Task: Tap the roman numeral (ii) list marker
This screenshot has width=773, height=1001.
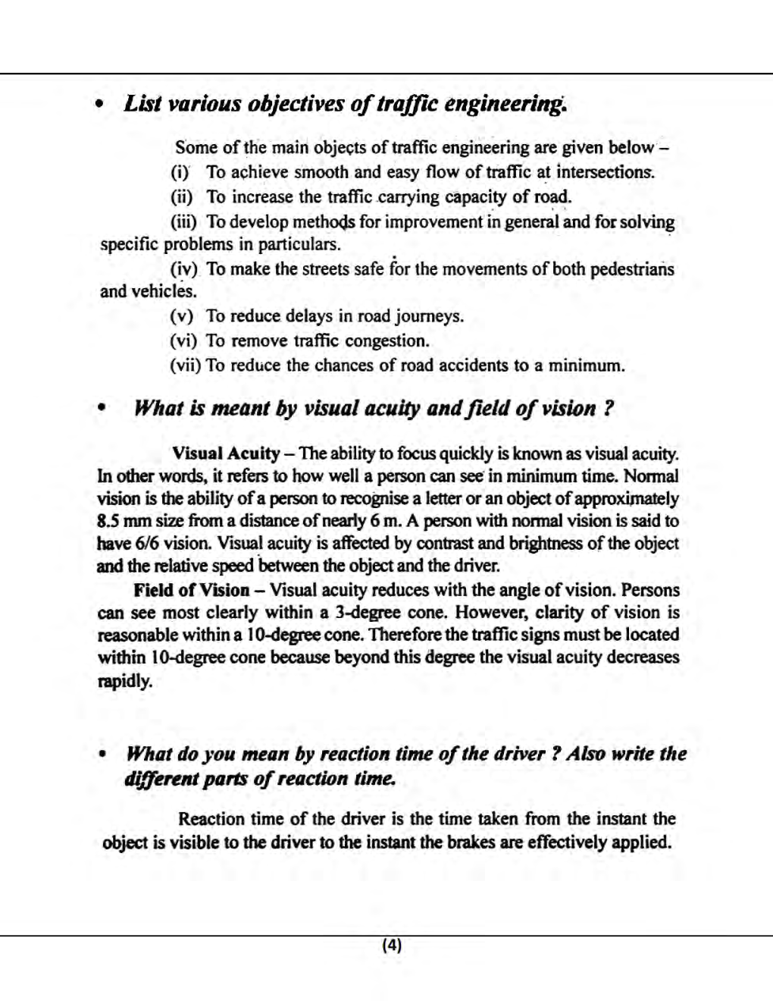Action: (182, 197)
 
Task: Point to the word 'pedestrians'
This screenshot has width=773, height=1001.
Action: (632, 269)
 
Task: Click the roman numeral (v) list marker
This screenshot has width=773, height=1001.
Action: (182, 316)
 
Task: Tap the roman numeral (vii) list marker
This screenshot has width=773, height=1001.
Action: (185, 366)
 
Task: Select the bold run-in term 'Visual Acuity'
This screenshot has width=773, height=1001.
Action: (226, 453)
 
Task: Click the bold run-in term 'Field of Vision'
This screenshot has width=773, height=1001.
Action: (191, 590)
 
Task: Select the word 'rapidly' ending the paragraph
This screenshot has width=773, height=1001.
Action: (125, 680)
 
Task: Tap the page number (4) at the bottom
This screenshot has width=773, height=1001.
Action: (392, 945)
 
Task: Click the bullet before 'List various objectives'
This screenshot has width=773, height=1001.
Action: (99, 105)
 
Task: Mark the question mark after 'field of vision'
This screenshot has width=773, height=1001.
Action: (608, 409)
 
